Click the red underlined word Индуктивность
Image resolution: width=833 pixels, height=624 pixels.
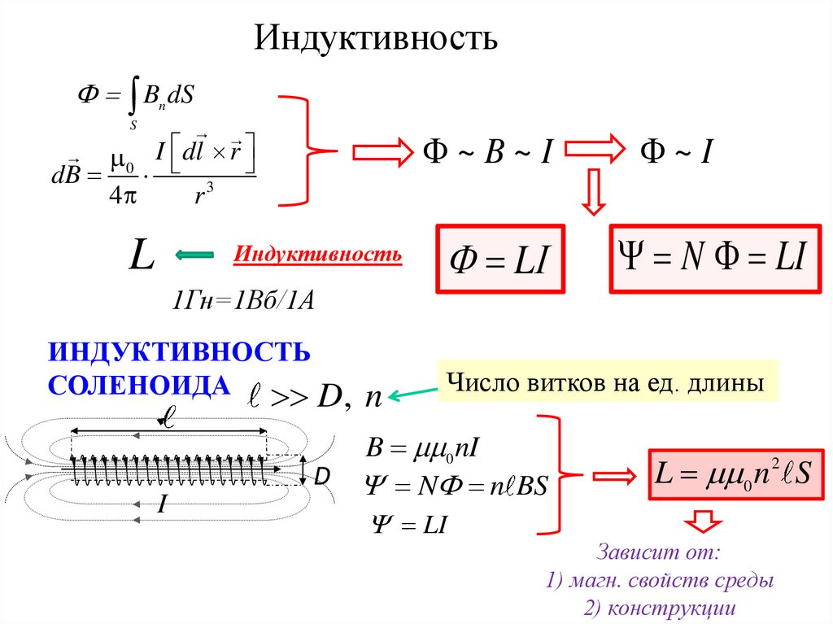point(317,255)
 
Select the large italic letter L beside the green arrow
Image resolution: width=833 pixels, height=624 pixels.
point(142,255)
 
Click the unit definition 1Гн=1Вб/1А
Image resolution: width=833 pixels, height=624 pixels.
point(242,300)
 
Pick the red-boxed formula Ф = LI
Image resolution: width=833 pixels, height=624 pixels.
point(501,260)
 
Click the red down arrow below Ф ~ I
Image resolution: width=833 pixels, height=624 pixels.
point(595,192)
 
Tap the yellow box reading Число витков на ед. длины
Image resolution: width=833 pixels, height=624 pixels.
point(607,382)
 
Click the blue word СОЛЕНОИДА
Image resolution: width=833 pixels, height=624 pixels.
point(139,384)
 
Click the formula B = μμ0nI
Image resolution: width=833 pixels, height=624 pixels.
point(415,447)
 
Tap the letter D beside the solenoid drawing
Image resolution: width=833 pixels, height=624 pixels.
point(321,478)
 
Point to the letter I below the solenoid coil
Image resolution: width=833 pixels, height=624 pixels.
point(162,506)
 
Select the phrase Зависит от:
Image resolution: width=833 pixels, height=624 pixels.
point(659,553)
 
